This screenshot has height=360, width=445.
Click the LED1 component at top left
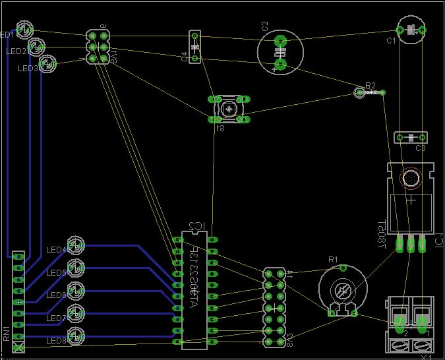tap(24, 30)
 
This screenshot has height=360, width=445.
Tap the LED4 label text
tap(55, 250)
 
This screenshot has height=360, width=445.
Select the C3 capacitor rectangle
tap(411, 137)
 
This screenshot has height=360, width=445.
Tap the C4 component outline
tap(194, 46)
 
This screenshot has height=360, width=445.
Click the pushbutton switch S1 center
tap(229, 109)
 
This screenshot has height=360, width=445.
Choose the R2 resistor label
tap(371, 86)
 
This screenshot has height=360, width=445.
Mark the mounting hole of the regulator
tap(411, 179)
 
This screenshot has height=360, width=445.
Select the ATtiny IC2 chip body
tap(194, 290)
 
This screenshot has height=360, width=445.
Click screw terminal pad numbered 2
tap(400, 323)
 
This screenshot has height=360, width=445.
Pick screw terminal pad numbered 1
tap(422, 323)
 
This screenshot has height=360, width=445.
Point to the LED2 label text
tap(16, 51)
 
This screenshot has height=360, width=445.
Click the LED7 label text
tap(55, 318)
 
